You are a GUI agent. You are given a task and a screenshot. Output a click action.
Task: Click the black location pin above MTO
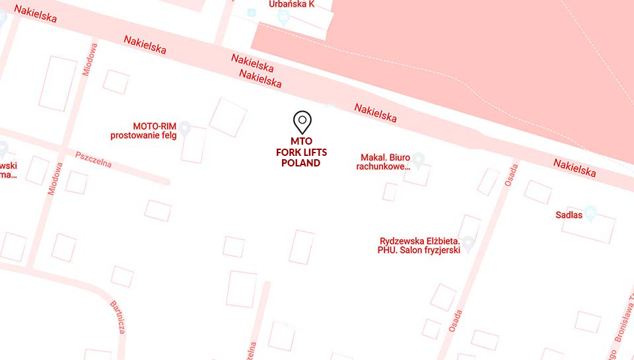[302, 122]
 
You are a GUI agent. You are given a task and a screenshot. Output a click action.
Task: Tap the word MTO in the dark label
[301, 141]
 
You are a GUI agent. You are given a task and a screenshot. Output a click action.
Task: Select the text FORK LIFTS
[301, 153]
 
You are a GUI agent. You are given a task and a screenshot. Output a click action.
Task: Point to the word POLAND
[301, 163]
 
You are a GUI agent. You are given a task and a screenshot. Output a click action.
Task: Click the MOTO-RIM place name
[155, 126]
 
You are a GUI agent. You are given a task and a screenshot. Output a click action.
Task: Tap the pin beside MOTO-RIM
[185, 128]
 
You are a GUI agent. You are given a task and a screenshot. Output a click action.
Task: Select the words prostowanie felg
[143, 135]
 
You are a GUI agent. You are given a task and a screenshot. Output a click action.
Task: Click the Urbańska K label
[291, 4]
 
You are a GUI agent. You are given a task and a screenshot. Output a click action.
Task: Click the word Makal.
[372, 157]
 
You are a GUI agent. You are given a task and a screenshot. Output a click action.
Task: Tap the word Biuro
[400, 157]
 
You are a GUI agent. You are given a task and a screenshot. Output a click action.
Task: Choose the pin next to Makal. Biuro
[418, 159]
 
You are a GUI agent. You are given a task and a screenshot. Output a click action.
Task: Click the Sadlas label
[569, 215]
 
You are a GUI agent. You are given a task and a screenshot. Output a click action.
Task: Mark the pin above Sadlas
[590, 213]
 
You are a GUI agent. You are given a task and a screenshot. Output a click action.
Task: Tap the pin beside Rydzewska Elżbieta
[468, 244]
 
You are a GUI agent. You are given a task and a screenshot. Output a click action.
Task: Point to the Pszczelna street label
[93, 160]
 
